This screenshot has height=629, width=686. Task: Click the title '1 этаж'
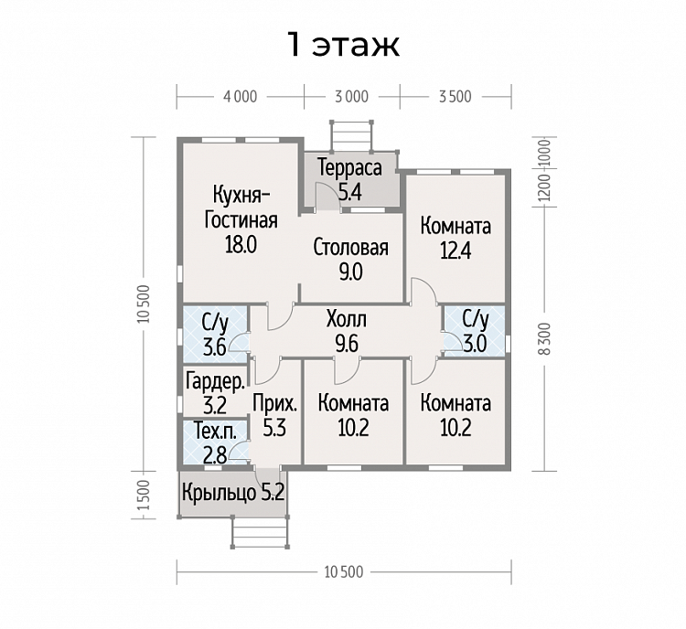(343, 45)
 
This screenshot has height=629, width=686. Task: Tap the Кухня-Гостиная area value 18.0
(241, 244)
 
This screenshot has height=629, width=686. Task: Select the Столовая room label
(351, 248)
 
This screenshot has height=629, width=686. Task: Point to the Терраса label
(350, 167)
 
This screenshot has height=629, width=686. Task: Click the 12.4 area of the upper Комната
(456, 251)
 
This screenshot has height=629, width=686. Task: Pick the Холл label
(347, 320)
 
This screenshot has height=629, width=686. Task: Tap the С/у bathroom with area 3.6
(215, 335)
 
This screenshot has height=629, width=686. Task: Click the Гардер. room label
(215, 381)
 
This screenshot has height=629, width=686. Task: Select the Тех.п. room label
(215, 432)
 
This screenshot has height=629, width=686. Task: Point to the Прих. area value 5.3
(274, 428)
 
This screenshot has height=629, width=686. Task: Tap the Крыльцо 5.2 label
(233, 493)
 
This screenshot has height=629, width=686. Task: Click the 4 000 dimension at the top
(241, 97)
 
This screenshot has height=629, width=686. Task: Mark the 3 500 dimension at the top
(456, 97)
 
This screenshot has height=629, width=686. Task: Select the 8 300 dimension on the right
(545, 339)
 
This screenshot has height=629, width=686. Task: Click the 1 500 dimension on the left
(144, 496)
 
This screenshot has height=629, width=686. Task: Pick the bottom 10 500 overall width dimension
(344, 572)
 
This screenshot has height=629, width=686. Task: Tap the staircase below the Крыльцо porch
(261, 531)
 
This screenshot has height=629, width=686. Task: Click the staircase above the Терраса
(351, 136)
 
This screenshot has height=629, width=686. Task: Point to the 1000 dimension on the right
(545, 153)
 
